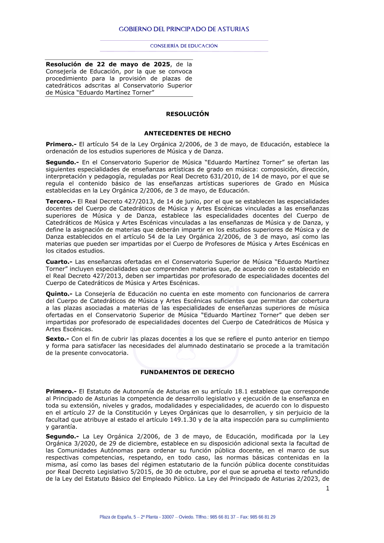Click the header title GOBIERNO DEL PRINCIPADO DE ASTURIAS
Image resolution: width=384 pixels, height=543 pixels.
click(x=184, y=29)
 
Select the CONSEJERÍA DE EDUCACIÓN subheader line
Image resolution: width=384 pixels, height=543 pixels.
click(x=184, y=46)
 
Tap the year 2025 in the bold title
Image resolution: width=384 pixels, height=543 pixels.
click(x=162, y=64)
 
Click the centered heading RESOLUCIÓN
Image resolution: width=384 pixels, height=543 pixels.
click(x=187, y=114)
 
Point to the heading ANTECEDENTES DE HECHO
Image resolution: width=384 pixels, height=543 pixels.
click(x=187, y=133)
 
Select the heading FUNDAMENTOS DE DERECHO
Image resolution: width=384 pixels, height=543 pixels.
click(x=187, y=372)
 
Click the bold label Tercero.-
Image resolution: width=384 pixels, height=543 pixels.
click(x=60, y=201)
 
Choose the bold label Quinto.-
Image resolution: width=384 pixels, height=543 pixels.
click(x=59, y=294)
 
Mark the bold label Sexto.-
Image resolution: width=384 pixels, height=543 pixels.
click(x=57, y=339)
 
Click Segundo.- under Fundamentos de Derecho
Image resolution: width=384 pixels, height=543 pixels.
click(x=62, y=436)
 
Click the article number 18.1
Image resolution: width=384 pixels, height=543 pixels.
click(x=241, y=391)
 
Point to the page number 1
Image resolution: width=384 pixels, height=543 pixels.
click(x=328, y=488)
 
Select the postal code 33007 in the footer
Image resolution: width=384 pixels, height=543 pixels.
click(x=168, y=517)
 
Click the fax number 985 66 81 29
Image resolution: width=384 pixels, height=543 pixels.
click(x=263, y=517)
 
